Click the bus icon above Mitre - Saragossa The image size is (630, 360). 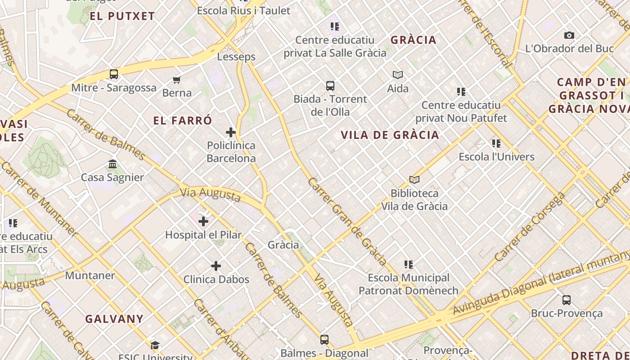click(114, 74)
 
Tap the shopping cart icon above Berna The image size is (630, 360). click(177, 80)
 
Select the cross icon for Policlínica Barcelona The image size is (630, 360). click(231, 132)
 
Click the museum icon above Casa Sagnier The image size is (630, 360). click(112, 164)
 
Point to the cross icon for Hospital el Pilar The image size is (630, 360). click(203, 221)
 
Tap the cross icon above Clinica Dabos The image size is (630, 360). click(216, 266)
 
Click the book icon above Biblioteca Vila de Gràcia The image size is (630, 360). click(414, 180)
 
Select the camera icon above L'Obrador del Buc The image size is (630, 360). click(569, 35)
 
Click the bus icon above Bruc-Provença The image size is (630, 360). click(567, 300)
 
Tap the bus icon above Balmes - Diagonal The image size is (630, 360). click(324, 340)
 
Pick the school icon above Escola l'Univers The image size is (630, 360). click(496, 144)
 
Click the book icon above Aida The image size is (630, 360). click(398, 75)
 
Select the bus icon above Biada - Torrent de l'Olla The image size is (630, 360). click(330, 85)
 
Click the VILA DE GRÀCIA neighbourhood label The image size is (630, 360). click(390, 135)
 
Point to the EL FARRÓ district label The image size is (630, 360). click(183, 121)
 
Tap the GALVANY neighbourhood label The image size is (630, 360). click(114, 319)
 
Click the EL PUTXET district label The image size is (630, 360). click(122, 16)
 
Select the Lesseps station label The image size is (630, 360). click(236, 57)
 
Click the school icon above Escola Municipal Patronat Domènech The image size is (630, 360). click(409, 265)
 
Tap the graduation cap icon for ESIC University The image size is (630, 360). click(155, 346)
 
